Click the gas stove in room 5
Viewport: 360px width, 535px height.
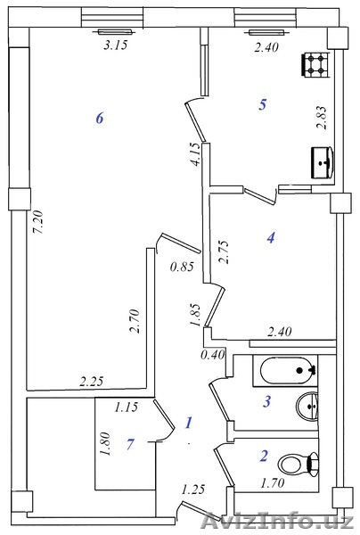click(315, 65)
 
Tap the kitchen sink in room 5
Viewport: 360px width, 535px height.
click(323, 162)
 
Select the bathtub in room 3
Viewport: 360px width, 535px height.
click(289, 371)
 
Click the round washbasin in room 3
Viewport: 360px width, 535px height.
click(307, 406)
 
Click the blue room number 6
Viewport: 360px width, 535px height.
click(99, 119)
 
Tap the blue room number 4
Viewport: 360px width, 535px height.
click(271, 237)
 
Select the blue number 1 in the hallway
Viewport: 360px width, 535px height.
click(189, 423)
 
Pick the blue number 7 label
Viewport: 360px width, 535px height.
click(130, 444)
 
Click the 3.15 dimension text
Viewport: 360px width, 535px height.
click(116, 45)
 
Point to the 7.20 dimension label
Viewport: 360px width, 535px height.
click(37, 222)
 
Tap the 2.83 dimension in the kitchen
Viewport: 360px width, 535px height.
click(322, 118)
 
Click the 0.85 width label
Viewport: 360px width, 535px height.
click(182, 266)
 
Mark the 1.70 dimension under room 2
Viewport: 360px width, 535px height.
click(273, 482)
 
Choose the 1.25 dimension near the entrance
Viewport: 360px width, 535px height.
click(193, 490)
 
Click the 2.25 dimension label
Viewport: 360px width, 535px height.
click(92, 381)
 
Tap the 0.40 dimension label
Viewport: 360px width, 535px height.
click(213, 355)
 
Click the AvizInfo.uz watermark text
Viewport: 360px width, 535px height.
click(277, 521)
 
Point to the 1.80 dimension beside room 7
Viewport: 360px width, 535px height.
click(104, 444)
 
